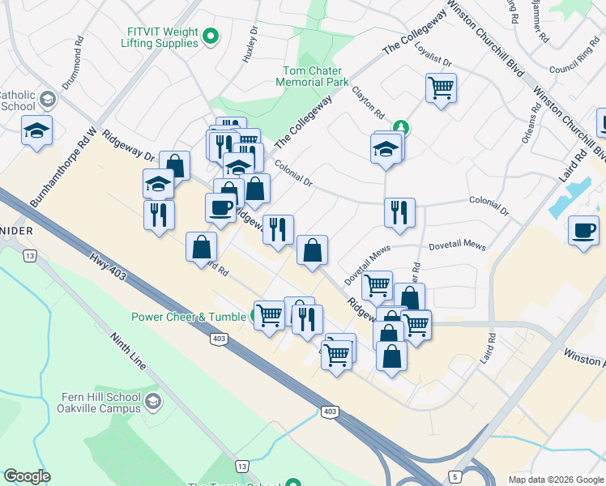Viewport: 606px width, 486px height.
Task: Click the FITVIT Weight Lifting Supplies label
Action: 163,37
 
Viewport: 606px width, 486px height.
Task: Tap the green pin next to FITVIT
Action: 211,36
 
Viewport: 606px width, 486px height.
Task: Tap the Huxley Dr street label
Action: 250,48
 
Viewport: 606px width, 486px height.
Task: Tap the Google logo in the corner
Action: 27,476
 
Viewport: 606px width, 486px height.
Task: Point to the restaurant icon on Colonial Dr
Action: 399,212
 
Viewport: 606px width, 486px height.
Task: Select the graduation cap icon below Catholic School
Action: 36,130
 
